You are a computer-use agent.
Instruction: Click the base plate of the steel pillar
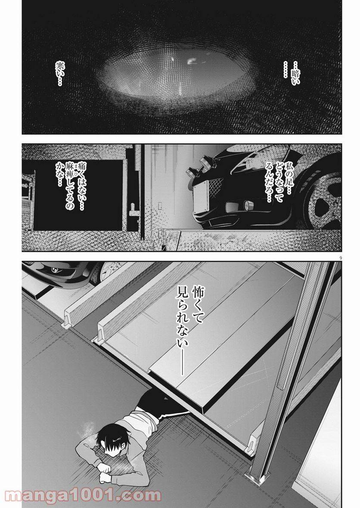click(x=258, y=476)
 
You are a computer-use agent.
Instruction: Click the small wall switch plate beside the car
click(x=160, y=206)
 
